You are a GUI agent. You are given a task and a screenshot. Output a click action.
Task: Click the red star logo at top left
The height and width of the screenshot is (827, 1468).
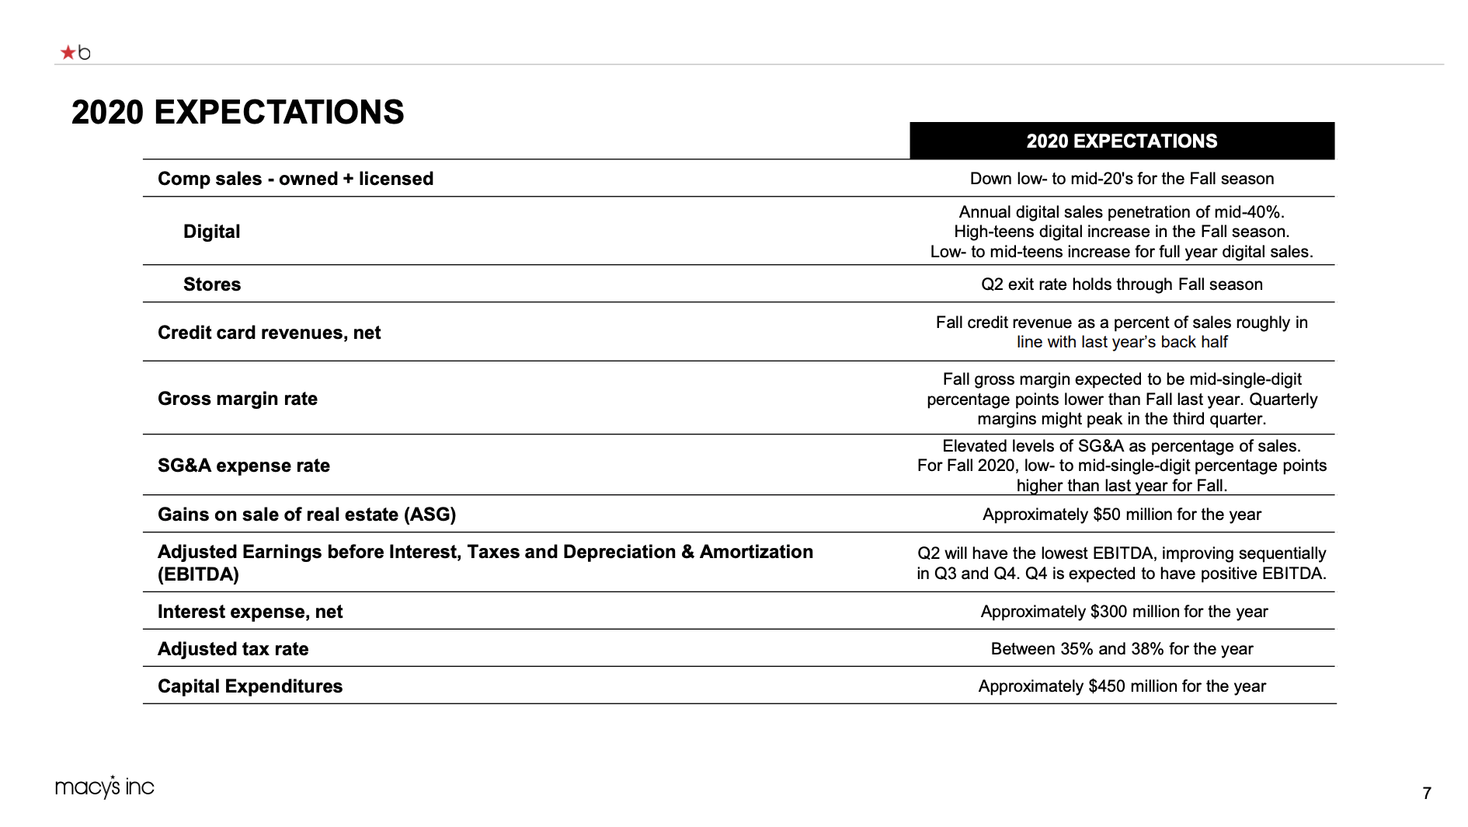[x=68, y=53]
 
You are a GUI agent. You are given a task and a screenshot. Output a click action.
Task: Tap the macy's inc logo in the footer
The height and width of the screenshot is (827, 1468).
[x=105, y=787]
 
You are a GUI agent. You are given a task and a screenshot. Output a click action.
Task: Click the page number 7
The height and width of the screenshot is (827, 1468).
[x=1427, y=793]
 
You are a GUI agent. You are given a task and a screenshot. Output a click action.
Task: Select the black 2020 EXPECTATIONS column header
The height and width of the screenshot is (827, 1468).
[x=1122, y=141]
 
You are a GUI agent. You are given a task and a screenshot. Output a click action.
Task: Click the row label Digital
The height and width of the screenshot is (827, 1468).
[x=211, y=232]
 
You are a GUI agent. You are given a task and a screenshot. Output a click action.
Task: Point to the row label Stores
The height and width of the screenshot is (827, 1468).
[x=212, y=284]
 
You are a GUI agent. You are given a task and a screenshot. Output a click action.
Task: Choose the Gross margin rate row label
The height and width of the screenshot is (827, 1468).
[x=238, y=399]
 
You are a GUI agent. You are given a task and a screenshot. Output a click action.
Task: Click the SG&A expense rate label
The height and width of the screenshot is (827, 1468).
[x=244, y=466]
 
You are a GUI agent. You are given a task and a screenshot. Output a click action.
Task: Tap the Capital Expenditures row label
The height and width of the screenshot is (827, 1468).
[x=250, y=686]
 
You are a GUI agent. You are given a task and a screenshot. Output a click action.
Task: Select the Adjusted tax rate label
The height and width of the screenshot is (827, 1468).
[x=233, y=649]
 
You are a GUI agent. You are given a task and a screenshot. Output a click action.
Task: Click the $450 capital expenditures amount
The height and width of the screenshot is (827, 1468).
[x=1107, y=686]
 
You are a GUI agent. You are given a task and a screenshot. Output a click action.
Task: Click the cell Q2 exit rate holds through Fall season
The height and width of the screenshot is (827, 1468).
[x=1122, y=284]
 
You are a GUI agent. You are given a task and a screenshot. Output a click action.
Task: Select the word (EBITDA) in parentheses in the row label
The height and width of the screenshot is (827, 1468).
[x=198, y=574]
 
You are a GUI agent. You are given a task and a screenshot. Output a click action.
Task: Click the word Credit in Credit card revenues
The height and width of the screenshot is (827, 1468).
[x=183, y=333]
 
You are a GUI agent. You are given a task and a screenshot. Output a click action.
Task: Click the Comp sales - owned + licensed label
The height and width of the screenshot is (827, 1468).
[x=295, y=179]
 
